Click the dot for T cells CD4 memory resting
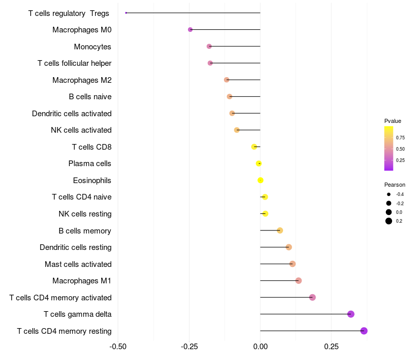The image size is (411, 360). [x=364, y=331]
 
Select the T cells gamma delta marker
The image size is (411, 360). [x=351, y=314]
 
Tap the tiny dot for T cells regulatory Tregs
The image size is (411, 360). [x=126, y=13]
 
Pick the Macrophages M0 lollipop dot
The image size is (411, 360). [x=190, y=30]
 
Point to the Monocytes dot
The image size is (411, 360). [x=209, y=46]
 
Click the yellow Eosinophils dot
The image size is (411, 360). [x=260, y=180]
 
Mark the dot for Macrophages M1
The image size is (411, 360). [x=298, y=280]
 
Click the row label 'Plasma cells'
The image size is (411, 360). [x=89, y=164]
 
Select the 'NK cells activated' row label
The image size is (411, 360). [x=81, y=130]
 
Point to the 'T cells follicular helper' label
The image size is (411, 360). [x=74, y=63]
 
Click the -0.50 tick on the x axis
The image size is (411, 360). [x=118, y=346]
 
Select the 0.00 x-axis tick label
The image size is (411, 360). [x=260, y=346]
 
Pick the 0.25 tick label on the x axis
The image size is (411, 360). [x=331, y=346]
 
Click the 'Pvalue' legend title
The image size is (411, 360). [x=393, y=121]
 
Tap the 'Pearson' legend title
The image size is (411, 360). [x=395, y=185]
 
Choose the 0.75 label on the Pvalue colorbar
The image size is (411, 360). [x=400, y=138]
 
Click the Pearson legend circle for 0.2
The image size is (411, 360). [x=389, y=221]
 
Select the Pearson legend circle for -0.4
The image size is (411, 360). [x=389, y=194]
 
